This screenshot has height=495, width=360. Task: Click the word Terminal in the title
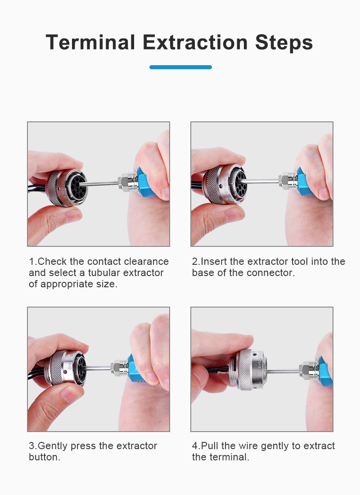(x=90, y=42)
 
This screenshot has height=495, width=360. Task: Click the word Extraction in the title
(x=195, y=42)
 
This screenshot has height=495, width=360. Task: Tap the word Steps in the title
(x=284, y=43)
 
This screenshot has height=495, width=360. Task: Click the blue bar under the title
(x=180, y=67)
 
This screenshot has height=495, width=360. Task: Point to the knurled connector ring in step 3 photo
(x=58, y=368)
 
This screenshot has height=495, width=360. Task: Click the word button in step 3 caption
(x=44, y=457)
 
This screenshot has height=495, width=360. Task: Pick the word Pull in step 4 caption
(x=209, y=446)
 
